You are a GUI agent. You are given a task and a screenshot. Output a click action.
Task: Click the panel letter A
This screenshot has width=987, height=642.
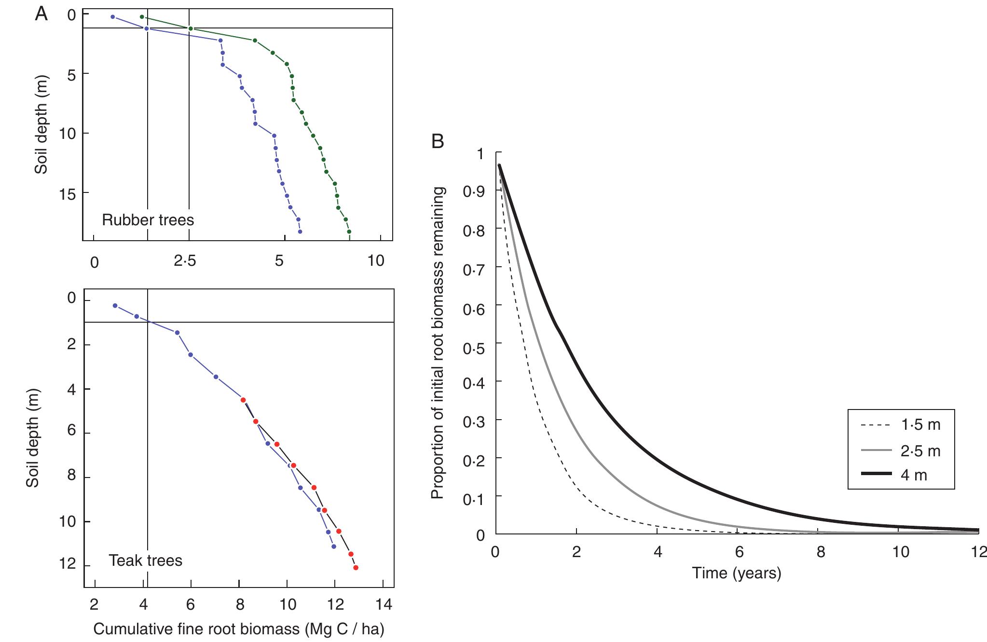[41, 14]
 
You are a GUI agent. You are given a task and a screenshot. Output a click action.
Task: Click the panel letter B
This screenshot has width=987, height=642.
[438, 141]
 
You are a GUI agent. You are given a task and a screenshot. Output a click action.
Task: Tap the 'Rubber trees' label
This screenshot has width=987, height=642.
[148, 220]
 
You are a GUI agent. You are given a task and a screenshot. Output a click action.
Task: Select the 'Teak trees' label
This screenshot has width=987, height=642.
[146, 560]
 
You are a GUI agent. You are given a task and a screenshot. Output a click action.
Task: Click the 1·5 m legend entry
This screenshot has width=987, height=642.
[900, 425]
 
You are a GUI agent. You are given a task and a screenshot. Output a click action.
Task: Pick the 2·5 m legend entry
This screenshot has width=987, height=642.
[900, 451]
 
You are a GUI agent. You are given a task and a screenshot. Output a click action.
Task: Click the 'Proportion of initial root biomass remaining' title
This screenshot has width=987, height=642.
[437, 343]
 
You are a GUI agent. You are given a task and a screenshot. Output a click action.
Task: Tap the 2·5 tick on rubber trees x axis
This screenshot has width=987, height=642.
[185, 261]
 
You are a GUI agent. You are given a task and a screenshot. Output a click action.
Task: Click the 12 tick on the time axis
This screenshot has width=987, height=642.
[979, 551]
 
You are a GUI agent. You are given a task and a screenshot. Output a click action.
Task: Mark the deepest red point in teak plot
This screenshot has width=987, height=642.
[356, 568]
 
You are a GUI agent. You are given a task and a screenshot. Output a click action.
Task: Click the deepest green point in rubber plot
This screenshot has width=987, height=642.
[349, 232]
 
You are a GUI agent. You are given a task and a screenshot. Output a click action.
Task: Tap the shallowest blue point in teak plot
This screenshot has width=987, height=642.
[115, 306]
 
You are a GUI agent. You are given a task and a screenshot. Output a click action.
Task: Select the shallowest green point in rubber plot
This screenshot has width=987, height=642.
[142, 17]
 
